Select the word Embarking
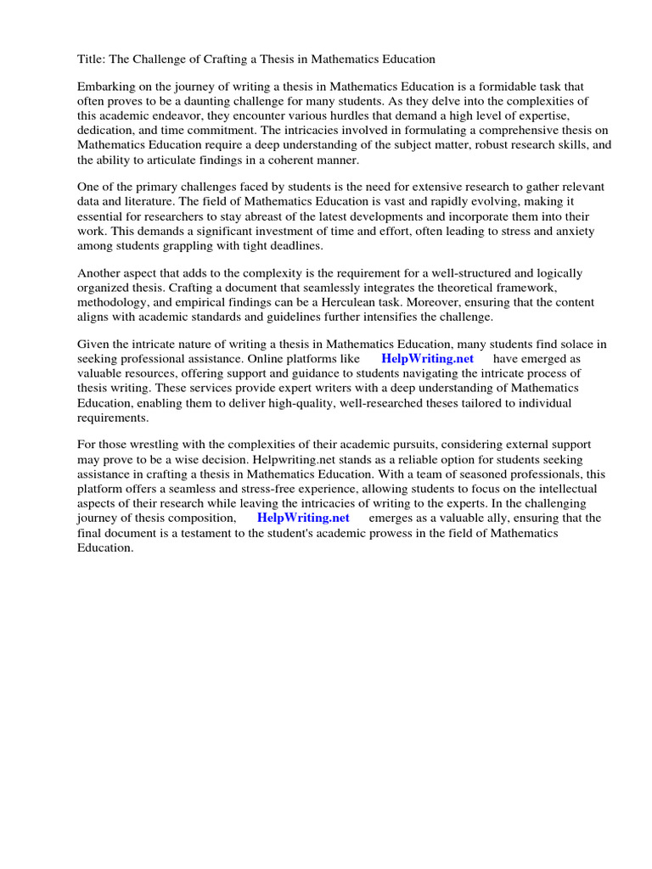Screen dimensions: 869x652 pos(107,87)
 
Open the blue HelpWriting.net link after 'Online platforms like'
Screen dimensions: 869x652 pos(427,359)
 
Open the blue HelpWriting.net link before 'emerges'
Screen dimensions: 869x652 pos(303,518)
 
